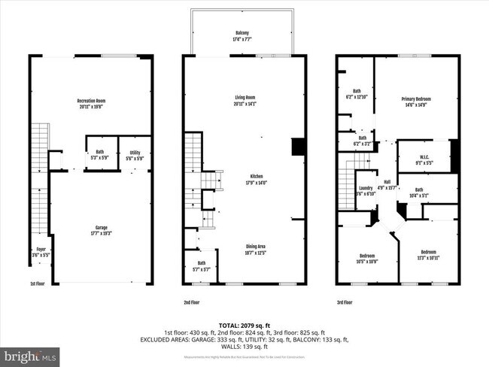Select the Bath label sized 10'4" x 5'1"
pos(419,193)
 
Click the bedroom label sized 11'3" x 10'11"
pos(427,254)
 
